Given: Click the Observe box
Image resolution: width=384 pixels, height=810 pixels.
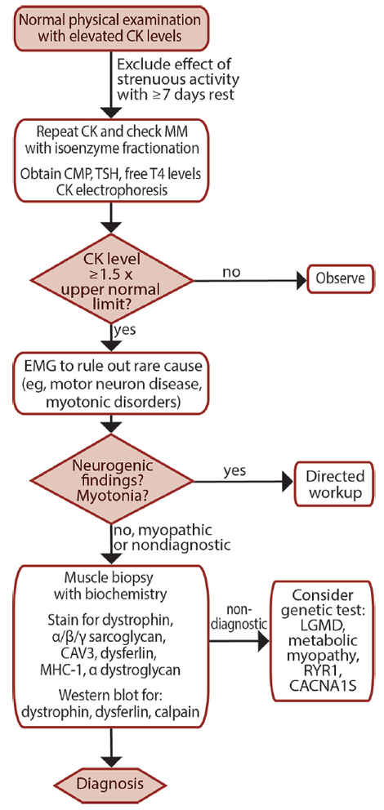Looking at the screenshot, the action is (340, 279).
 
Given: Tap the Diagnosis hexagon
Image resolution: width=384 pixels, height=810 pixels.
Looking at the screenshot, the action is (110, 784).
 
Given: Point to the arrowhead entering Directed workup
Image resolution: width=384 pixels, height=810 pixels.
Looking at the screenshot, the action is (287, 483).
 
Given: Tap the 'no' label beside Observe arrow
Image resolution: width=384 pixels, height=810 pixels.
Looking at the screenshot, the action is (231, 271).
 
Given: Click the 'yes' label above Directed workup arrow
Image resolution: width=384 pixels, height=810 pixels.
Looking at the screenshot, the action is (234, 471).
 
